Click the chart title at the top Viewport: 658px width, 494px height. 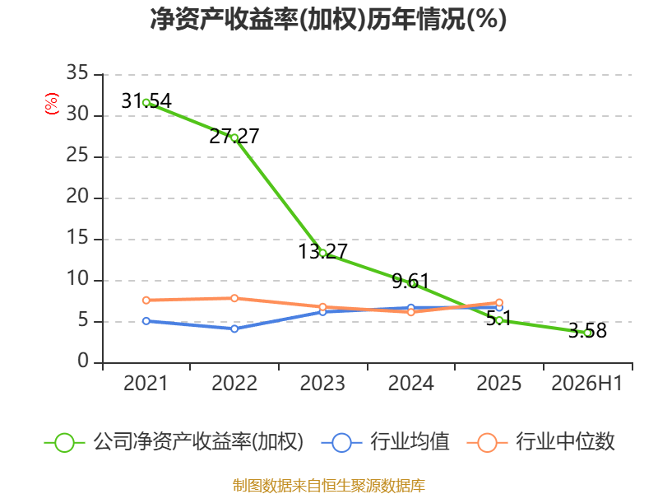(328, 19)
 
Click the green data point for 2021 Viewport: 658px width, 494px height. (146, 102)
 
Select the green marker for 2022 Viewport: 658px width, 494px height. (234, 137)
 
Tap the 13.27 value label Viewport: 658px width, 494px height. (322, 251)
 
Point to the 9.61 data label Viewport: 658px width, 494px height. (410, 281)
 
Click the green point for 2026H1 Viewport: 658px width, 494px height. (587, 333)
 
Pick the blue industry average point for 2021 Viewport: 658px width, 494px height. (146, 321)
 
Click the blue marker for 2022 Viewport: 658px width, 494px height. (234, 329)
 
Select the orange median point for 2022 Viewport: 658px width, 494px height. (234, 298)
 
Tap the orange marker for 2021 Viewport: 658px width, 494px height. (146, 301)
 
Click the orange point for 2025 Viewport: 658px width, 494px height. (499, 302)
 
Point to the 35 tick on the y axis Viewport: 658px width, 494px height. (77, 72)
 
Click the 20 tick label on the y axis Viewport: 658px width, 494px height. (77, 196)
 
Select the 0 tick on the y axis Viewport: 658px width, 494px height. (83, 361)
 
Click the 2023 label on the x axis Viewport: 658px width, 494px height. (322, 384)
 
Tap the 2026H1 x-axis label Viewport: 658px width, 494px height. (586, 384)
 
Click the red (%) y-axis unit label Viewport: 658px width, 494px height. (52, 104)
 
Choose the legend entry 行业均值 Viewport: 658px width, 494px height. (385, 442)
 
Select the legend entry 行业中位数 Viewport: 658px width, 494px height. (541, 442)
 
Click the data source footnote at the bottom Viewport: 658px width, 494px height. (329, 486)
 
